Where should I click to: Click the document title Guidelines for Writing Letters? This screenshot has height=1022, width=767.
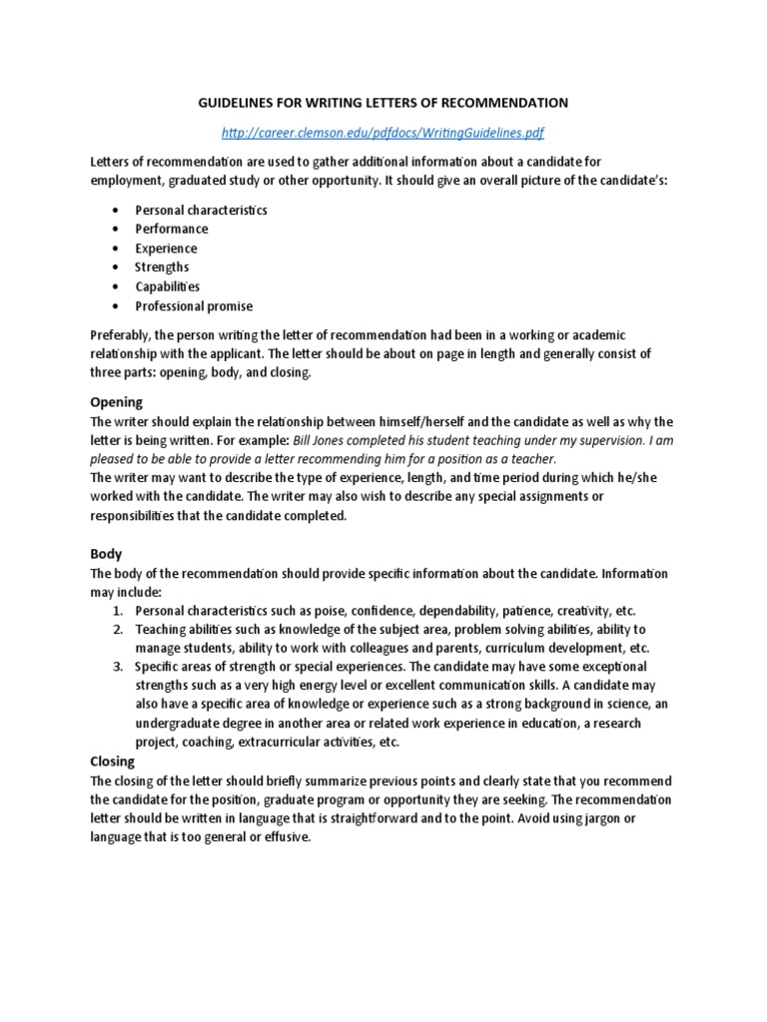[383, 102]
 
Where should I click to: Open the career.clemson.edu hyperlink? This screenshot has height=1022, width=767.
[383, 132]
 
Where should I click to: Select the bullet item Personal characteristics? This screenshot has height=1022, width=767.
[201, 211]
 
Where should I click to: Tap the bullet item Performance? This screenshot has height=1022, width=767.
[172, 230]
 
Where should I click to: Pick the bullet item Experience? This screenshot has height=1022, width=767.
[166, 249]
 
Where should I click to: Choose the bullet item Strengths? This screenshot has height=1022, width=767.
[162, 267]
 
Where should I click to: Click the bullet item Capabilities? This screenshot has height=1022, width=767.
[168, 286]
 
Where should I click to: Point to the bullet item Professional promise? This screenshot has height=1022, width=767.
[194, 306]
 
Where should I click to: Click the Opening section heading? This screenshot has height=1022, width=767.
[117, 401]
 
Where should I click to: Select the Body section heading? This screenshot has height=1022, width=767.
[106, 553]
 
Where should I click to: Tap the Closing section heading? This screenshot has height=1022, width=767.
[113, 761]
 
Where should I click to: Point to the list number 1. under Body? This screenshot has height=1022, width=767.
[117, 610]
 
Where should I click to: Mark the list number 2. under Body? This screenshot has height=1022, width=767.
[117, 629]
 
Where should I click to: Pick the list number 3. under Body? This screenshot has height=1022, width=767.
[117, 667]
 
